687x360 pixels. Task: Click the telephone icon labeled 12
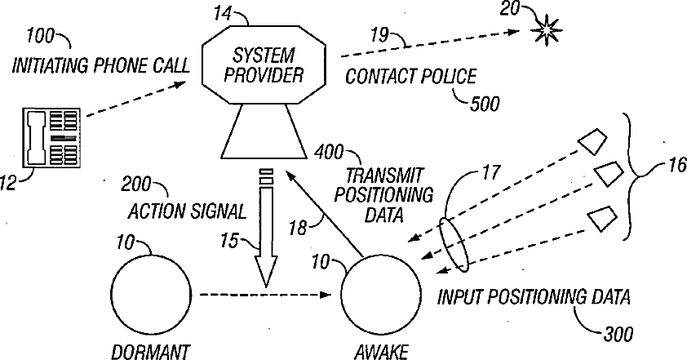[x=51, y=140]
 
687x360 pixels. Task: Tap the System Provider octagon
[x=264, y=66]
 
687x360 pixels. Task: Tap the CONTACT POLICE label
[x=410, y=78]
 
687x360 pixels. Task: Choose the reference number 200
[x=137, y=184]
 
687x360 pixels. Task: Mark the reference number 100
[x=39, y=38]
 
